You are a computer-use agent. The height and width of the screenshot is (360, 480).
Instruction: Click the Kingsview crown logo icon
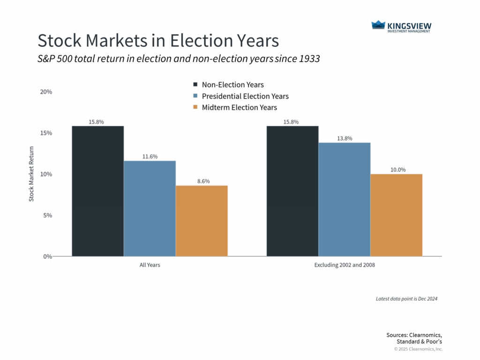[378, 25]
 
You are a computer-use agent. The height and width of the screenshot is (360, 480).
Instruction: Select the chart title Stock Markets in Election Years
[158, 41]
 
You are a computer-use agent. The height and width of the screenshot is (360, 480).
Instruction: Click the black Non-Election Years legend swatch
[195, 85]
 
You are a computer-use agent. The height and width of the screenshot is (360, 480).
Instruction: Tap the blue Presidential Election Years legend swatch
[195, 96]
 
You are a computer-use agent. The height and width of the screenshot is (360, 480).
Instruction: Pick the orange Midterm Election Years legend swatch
[195, 107]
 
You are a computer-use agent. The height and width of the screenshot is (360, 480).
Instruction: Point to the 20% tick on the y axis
[46, 92]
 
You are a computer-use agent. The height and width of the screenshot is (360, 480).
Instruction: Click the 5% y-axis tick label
[47, 216]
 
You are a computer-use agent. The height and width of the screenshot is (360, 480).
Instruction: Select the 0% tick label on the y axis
[47, 257]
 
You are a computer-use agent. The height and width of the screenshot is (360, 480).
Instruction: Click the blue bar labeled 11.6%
[150, 209]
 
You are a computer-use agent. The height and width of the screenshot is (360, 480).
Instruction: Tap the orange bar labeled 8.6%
[202, 221]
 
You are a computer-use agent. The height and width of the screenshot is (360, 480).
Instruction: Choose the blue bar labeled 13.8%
[344, 199]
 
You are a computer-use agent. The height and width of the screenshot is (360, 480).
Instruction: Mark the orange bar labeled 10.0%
[396, 215]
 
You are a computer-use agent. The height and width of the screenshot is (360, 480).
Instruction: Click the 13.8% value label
[344, 139]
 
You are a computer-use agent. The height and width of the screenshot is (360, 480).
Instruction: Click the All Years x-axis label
[150, 265]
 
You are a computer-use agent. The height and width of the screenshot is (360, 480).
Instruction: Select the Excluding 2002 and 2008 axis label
[344, 265]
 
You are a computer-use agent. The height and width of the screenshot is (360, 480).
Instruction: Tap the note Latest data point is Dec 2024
[406, 299]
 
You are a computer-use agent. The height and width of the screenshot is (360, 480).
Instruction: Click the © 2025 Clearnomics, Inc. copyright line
[418, 349]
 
